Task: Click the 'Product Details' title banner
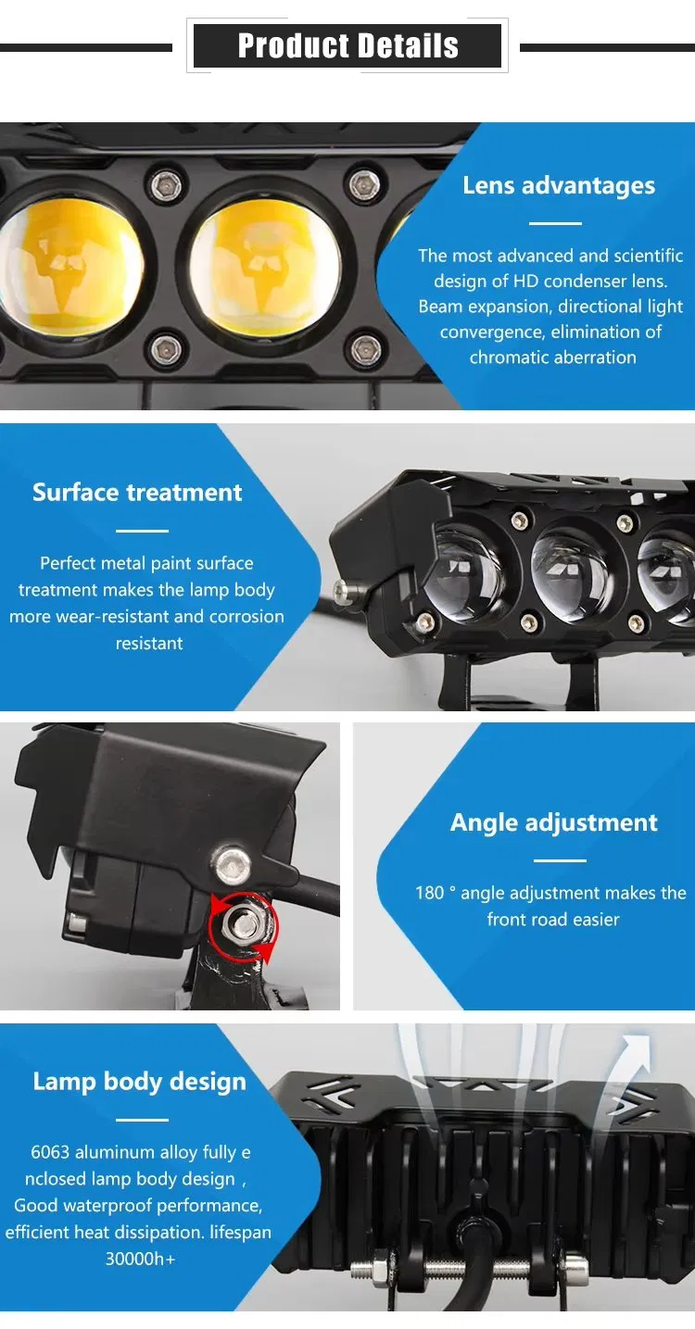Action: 347,45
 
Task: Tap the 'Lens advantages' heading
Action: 558,185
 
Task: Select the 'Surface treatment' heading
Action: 137,492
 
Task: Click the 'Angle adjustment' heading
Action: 553,822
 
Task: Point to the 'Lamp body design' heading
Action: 139,1081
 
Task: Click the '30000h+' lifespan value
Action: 140,1259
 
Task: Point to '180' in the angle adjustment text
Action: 429,893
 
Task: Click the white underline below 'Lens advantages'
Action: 555,223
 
